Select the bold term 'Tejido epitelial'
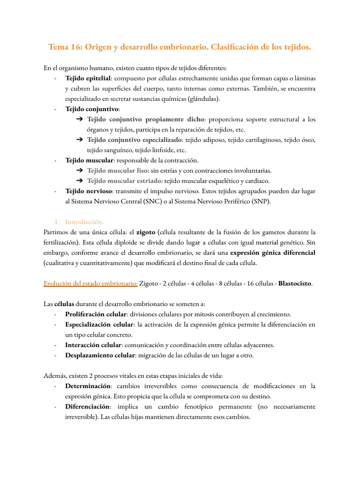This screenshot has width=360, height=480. [88, 78]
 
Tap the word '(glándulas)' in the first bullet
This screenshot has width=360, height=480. [203, 99]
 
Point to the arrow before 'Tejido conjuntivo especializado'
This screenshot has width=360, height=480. [79, 140]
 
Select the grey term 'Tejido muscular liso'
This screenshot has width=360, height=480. [118, 171]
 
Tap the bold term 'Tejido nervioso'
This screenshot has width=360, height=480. [89, 191]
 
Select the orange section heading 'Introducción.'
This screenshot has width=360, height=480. [84, 222]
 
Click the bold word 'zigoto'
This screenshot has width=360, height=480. [146, 232]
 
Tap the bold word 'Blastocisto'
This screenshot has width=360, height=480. [294, 284]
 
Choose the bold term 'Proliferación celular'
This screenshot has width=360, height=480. [96, 314]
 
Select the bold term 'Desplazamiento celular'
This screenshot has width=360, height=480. [100, 355]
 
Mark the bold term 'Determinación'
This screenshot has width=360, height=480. [88, 386]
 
